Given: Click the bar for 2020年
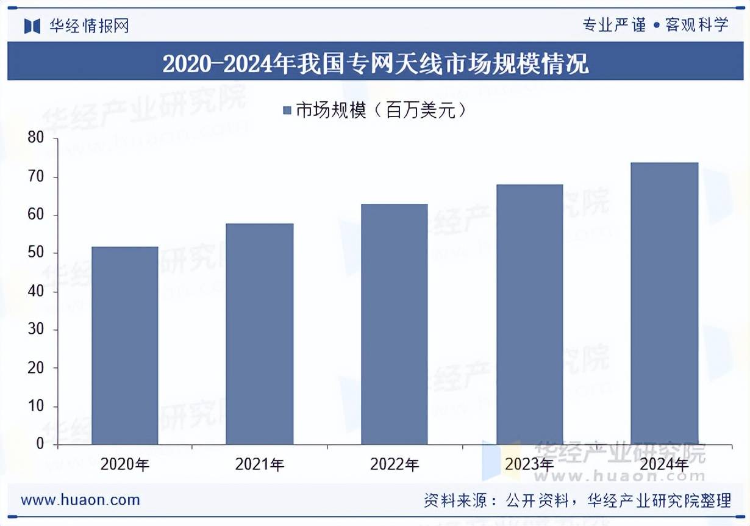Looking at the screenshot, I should pyautogui.click(x=124, y=345).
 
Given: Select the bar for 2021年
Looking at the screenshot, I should pyautogui.click(x=259, y=334).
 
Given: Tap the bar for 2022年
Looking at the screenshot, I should pyautogui.click(x=394, y=324).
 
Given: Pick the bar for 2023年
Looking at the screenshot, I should pyautogui.click(x=529, y=314).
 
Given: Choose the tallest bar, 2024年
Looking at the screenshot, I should pyautogui.click(x=664, y=303).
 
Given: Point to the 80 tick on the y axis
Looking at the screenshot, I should pyautogui.click(x=37, y=139).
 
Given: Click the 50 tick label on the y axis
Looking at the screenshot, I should pyautogui.click(x=37, y=253).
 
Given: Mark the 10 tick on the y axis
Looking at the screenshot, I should pyautogui.click(x=37, y=406).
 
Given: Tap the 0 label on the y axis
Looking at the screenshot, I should pyautogui.click(x=40, y=444).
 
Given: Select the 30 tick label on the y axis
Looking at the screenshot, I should pyautogui.click(x=37, y=330).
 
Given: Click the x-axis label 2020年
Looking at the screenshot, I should pyautogui.click(x=124, y=465).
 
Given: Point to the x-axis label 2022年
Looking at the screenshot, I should pyautogui.click(x=395, y=465).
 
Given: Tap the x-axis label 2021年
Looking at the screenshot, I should pyautogui.click(x=260, y=465).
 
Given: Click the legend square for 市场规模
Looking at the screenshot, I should pyautogui.click(x=287, y=110).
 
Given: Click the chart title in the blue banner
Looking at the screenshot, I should pyautogui.click(x=375, y=63).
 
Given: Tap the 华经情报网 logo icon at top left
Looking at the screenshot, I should pyautogui.click(x=32, y=26).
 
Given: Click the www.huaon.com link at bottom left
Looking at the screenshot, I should pyautogui.click(x=80, y=500).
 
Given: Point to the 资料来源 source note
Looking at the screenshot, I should pyautogui.click(x=577, y=501).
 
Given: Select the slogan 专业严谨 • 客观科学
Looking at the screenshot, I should pyautogui.click(x=655, y=25).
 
